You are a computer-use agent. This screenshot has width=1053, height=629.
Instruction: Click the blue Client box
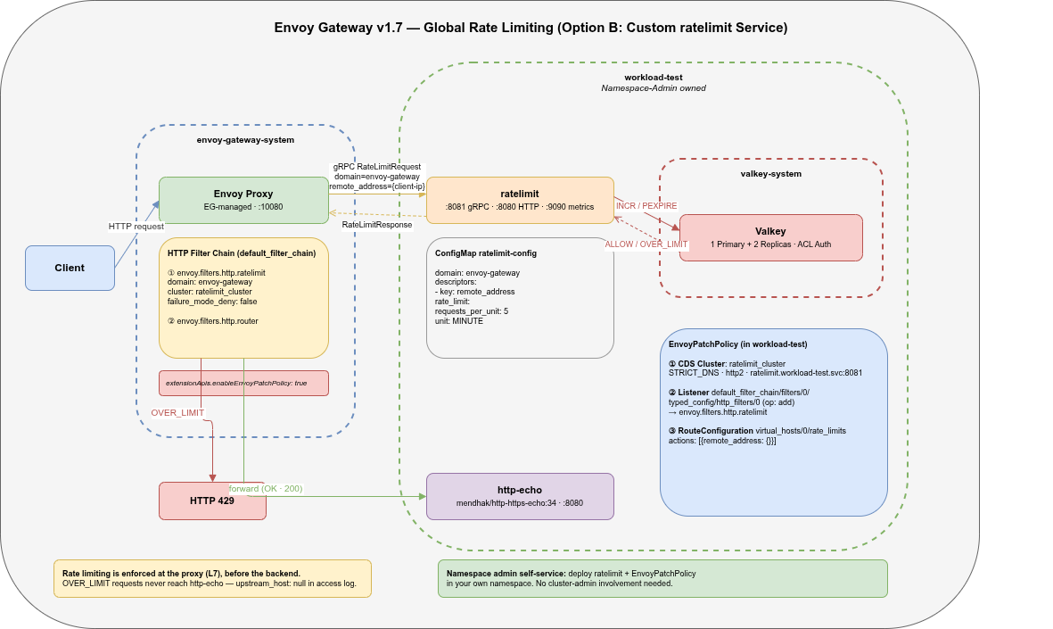pos(70,268)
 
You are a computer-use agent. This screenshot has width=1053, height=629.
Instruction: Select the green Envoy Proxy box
pos(243,200)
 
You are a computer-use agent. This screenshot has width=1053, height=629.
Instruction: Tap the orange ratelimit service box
pos(520,200)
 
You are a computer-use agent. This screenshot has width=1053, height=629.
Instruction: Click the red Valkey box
pos(770,237)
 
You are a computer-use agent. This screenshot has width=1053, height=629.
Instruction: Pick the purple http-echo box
pos(520,496)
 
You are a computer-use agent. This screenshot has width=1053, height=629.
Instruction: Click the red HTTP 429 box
pos(212,501)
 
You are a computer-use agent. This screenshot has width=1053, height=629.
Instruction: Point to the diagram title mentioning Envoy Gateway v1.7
pos(531,28)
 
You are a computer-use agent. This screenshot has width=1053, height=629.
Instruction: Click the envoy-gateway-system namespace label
pos(245,140)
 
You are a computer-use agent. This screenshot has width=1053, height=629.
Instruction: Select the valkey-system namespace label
pos(770,173)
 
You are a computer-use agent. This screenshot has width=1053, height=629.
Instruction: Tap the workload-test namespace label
pos(653,78)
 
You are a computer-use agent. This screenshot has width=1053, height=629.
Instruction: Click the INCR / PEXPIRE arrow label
pos(646,205)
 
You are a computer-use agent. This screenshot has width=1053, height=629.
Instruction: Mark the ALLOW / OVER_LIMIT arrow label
pos(646,244)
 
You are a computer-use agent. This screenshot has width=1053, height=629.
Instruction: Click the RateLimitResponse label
pos(377,225)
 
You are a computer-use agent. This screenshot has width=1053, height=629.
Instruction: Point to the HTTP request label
pos(136,227)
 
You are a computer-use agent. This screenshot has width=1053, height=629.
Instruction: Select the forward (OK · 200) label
pos(266,489)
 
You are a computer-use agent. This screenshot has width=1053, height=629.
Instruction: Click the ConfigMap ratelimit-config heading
pos(486,253)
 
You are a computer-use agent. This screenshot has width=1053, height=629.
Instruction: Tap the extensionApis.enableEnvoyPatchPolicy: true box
pos(243,383)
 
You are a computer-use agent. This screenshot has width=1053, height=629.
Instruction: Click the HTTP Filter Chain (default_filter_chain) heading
pos(241,253)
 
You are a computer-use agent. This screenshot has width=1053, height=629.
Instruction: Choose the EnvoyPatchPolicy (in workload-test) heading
pos(737,344)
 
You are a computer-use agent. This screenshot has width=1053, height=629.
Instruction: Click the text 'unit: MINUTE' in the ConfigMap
pos(459,320)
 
